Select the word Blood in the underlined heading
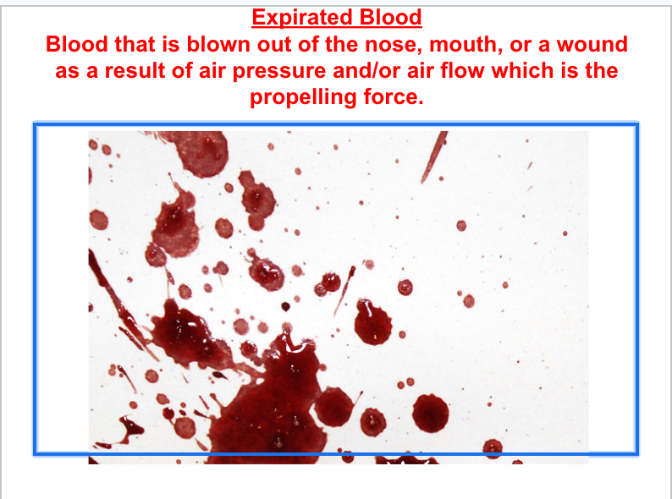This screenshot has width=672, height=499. [x=391, y=18]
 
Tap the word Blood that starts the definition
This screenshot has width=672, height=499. [x=75, y=44]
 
